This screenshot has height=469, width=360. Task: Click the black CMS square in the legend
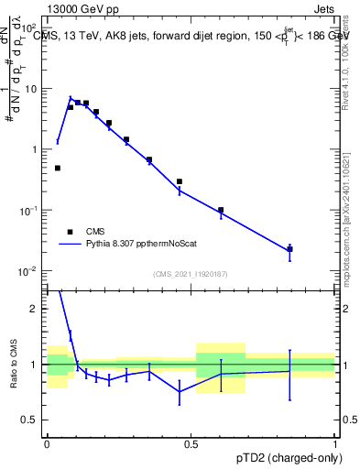click(69, 232)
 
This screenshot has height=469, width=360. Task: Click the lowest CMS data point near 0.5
click(58, 168)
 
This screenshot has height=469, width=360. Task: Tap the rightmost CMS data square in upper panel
click(289, 249)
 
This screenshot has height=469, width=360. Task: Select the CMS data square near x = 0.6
click(221, 210)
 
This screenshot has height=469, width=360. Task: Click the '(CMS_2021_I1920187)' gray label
click(191, 273)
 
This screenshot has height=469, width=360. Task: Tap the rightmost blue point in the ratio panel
click(289, 371)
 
